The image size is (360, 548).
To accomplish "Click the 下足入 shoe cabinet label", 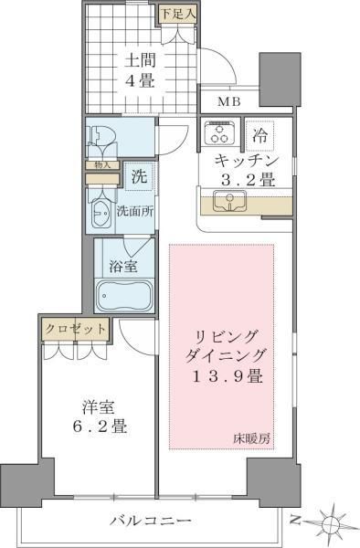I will [x=175, y=14].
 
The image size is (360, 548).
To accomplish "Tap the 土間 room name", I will [x=139, y=61].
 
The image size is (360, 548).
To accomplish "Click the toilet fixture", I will [x=100, y=139].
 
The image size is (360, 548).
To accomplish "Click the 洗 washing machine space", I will [x=138, y=174].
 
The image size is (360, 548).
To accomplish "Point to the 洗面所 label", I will [x=134, y=211].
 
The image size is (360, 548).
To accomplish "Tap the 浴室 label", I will [x=125, y=268].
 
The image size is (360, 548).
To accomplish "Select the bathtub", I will [x=123, y=298].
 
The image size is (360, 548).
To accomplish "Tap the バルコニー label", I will [x=151, y=520].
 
